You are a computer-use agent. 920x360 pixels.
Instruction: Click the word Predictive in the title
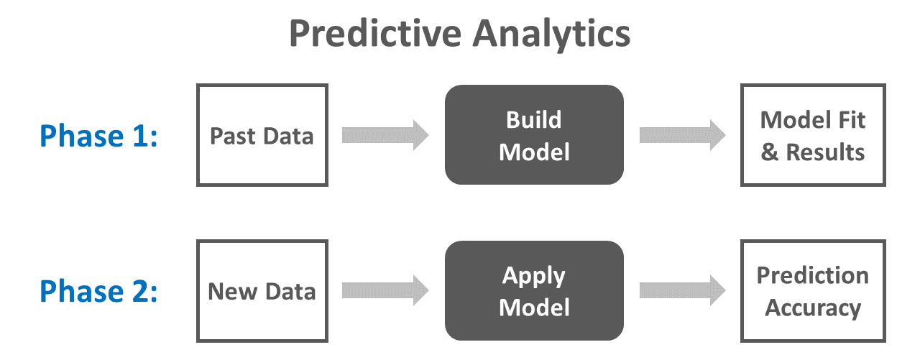[x=375, y=34]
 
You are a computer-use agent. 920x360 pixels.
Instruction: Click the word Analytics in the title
[x=551, y=35]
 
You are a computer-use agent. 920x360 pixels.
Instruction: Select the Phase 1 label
[x=98, y=136]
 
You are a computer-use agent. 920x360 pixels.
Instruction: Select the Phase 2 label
[x=98, y=291]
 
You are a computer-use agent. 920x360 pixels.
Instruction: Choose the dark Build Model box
[x=534, y=134]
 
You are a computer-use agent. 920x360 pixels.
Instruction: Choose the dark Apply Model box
[x=534, y=290]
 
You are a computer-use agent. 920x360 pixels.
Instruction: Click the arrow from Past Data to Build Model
[x=385, y=135]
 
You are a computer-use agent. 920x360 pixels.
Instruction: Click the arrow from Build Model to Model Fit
[x=683, y=135]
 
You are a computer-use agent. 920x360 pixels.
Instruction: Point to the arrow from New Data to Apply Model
[x=385, y=290]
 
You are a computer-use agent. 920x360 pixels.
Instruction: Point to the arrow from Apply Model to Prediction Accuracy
[x=683, y=290]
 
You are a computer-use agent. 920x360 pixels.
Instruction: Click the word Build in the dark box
[x=533, y=120]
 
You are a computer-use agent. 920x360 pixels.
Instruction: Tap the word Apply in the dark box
[x=533, y=277]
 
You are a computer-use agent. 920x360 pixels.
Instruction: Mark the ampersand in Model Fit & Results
[x=769, y=152]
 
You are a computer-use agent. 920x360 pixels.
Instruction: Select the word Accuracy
[x=813, y=308]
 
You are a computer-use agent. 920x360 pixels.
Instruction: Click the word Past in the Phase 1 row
[x=233, y=137]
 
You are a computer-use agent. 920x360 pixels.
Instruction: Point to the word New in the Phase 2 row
[x=233, y=292]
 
